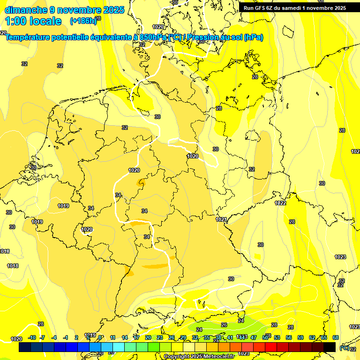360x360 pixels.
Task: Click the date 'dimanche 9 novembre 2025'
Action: pos(64,9)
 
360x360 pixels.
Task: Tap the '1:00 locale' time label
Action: pos(33,21)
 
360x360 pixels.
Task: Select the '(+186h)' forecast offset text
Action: pos(82,21)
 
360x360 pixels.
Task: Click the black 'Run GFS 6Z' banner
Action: pos(294,8)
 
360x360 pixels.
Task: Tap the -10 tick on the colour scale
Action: pos(32,337)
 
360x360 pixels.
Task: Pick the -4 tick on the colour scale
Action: pos(54,337)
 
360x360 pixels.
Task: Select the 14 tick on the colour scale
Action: pos(125,337)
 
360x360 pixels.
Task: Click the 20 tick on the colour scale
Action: pos(148,337)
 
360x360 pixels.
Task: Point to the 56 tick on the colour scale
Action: pos(289,337)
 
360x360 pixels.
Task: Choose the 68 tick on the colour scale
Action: pos(336,337)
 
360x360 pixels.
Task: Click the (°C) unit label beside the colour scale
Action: pos(344,348)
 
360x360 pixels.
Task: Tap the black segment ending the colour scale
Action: pos(330,347)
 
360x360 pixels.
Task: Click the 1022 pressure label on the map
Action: pos(280,203)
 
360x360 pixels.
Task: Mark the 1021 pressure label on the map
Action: pos(221,219)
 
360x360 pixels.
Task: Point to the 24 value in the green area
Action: pos(199,330)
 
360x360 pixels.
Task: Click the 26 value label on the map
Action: pos(224,325)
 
